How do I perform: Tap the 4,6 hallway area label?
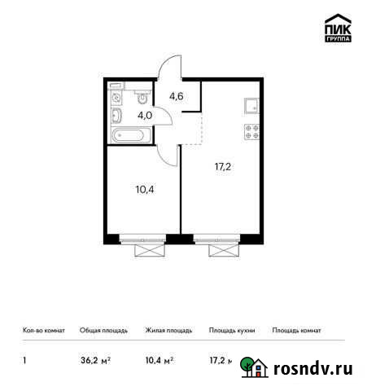click(x=175, y=97)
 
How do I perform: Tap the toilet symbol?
click(x=143, y=99)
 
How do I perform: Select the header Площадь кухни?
click(x=232, y=331)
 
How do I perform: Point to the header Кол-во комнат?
click(x=42, y=331)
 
